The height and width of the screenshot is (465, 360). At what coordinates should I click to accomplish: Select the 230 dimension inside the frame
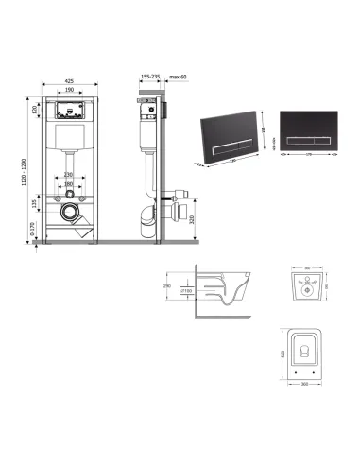(68, 175)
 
